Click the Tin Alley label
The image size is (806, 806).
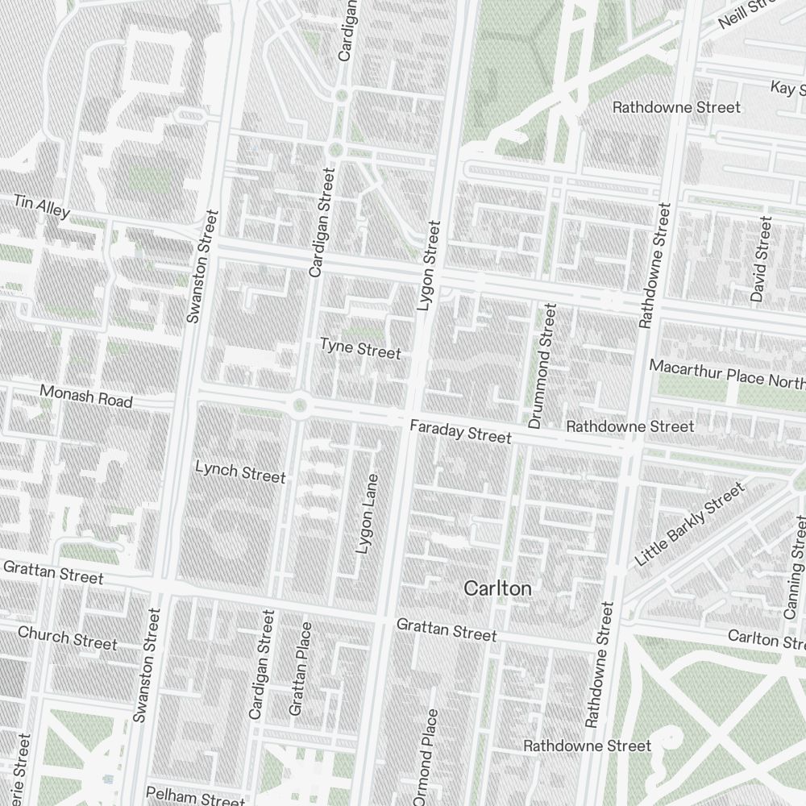[x=41, y=206]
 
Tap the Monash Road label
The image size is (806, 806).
[x=85, y=396]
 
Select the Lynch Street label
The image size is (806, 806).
[x=240, y=472]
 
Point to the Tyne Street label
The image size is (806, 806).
[x=359, y=349]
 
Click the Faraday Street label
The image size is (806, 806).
[x=459, y=432]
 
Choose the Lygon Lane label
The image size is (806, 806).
[x=367, y=513]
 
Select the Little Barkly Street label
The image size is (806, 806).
[x=689, y=525]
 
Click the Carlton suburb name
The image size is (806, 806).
[x=497, y=589]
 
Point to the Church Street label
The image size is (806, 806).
[x=67, y=638]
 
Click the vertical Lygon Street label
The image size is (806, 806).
[x=429, y=266]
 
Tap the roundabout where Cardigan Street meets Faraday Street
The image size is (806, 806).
[x=300, y=405]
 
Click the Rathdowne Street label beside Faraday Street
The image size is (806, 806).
[x=629, y=426]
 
